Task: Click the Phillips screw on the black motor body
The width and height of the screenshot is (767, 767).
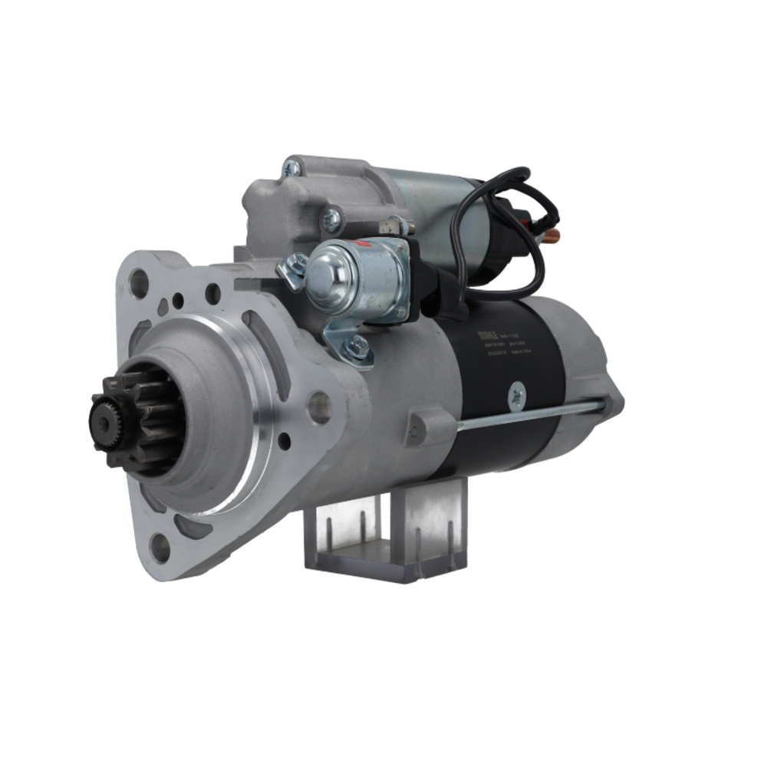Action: (x=515, y=396)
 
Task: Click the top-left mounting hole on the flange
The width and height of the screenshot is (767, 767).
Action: (x=138, y=283)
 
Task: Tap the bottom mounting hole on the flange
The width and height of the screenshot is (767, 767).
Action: (x=160, y=548)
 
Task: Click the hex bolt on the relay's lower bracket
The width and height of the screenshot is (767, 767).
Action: (x=355, y=348)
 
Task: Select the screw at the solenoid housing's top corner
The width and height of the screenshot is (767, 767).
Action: (x=291, y=168)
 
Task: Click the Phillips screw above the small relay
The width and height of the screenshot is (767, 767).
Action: (x=332, y=221)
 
